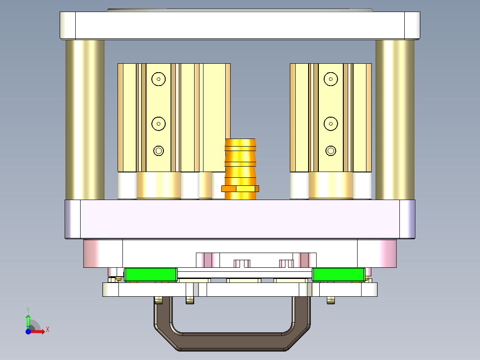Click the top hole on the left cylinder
pyautogui.click(x=158, y=79)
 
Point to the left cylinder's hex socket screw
pyautogui.click(x=158, y=151)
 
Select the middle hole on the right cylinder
pyautogui.click(x=330, y=124)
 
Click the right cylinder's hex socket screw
pyautogui.click(x=330, y=151)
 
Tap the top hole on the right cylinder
pyautogui.click(x=330, y=79)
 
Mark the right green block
pyautogui.click(x=338, y=275)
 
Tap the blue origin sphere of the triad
pyautogui.click(x=28, y=331)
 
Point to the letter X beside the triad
pyautogui.click(x=47, y=329)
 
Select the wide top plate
pyautogui.click(x=240, y=25)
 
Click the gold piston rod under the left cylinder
pyautogui.click(x=158, y=185)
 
